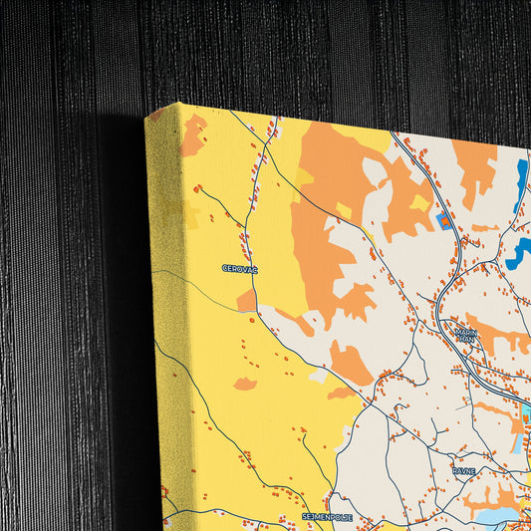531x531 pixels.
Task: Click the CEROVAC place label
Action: click(239, 269)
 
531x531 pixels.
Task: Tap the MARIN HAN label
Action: click(466, 336)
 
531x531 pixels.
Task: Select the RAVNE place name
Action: click(464, 470)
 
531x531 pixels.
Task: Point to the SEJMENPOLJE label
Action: click(328, 517)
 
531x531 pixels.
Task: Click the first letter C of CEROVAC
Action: click(225, 269)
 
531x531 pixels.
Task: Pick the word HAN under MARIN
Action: click(466, 340)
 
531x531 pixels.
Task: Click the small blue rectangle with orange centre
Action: click(444, 217)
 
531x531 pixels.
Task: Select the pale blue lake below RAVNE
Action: click(496, 516)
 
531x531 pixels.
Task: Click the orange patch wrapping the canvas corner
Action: click(193, 134)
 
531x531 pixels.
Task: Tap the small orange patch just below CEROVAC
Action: click(246, 299)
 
